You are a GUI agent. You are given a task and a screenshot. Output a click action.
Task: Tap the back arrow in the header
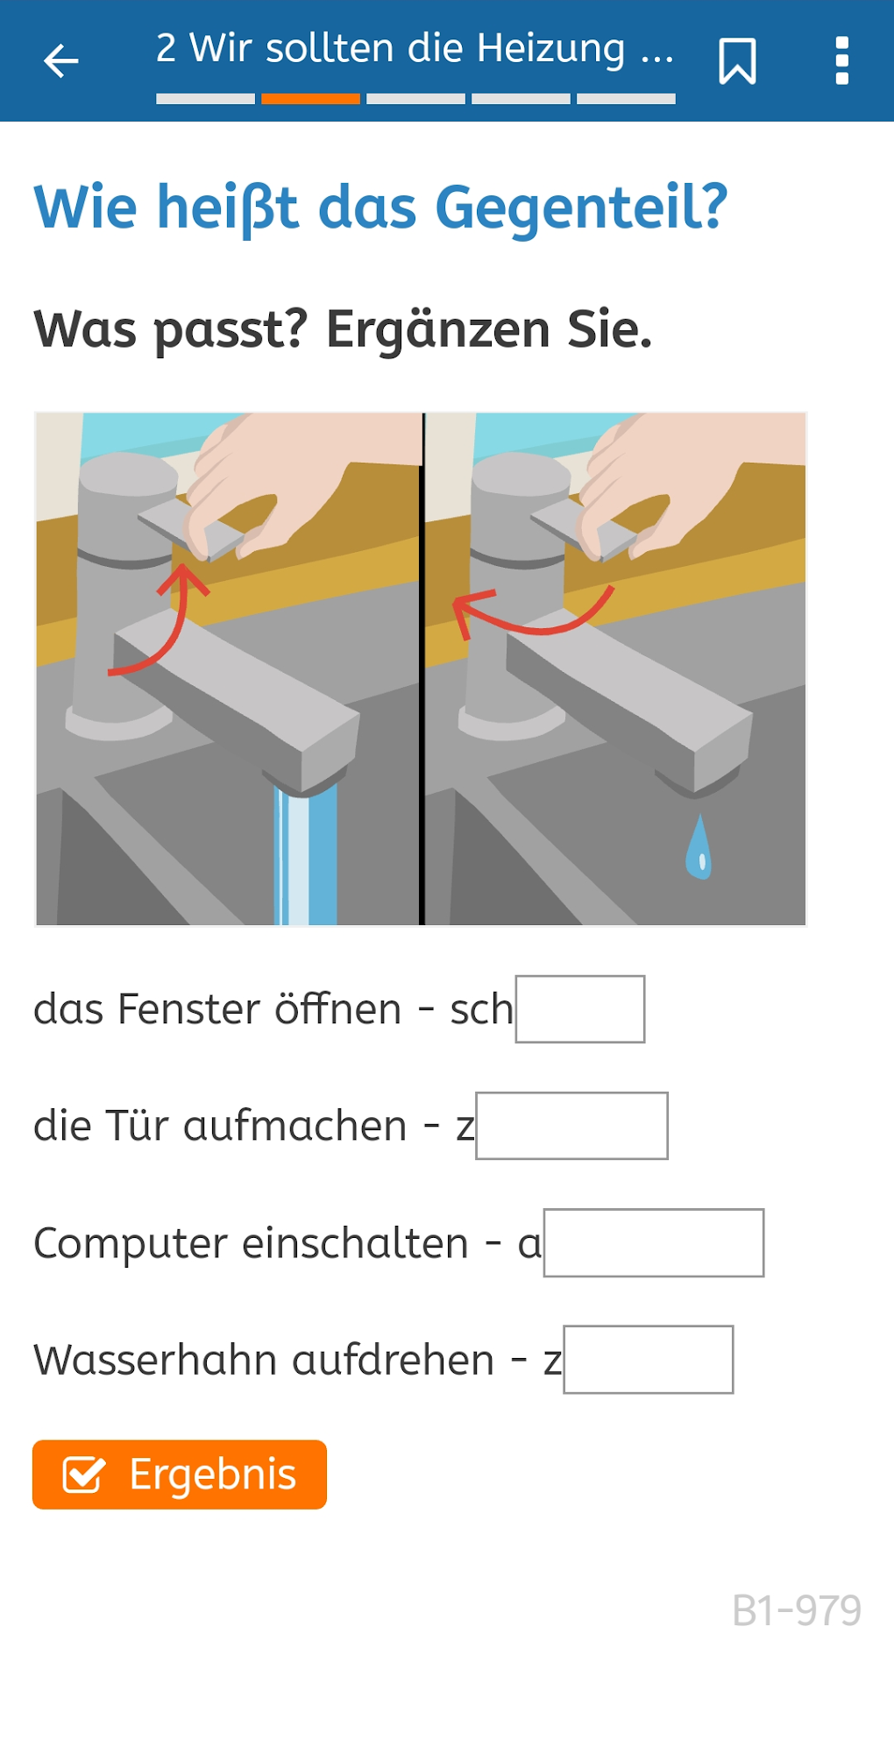click(61, 61)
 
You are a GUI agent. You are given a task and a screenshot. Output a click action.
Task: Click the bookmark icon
click(737, 61)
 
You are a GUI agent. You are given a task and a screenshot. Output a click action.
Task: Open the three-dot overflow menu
click(842, 61)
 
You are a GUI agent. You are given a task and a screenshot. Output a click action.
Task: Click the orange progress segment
click(310, 99)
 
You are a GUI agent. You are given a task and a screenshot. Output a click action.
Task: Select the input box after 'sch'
click(580, 1009)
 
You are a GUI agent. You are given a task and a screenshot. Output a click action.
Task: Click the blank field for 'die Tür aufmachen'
click(571, 1126)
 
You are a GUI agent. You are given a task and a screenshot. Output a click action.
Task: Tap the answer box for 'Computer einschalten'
click(654, 1243)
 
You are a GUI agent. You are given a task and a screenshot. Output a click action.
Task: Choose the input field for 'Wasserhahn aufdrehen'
click(649, 1360)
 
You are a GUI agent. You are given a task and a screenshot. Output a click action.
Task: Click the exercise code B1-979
click(797, 1610)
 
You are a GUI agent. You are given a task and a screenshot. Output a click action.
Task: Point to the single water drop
click(699, 847)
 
